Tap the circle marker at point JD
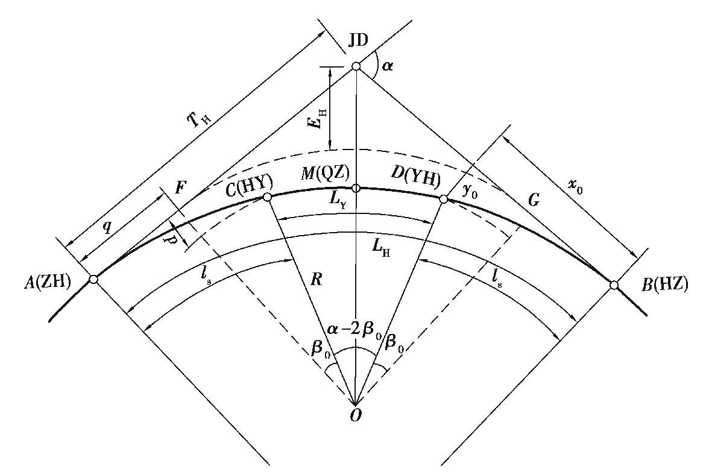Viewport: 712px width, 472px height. click(356, 67)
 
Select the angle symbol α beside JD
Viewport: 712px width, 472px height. click(387, 67)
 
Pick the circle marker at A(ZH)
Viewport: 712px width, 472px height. click(93, 279)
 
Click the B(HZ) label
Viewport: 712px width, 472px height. click(665, 285)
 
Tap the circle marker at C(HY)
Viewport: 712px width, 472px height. click(267, 197)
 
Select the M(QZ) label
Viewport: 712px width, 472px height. click(327, 173)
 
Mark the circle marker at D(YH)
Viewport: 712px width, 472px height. click(444, 199)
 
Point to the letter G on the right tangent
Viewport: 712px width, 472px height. click(535, 200)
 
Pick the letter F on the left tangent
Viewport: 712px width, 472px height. click(180, 187)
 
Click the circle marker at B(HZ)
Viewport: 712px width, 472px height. click(614, 285)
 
